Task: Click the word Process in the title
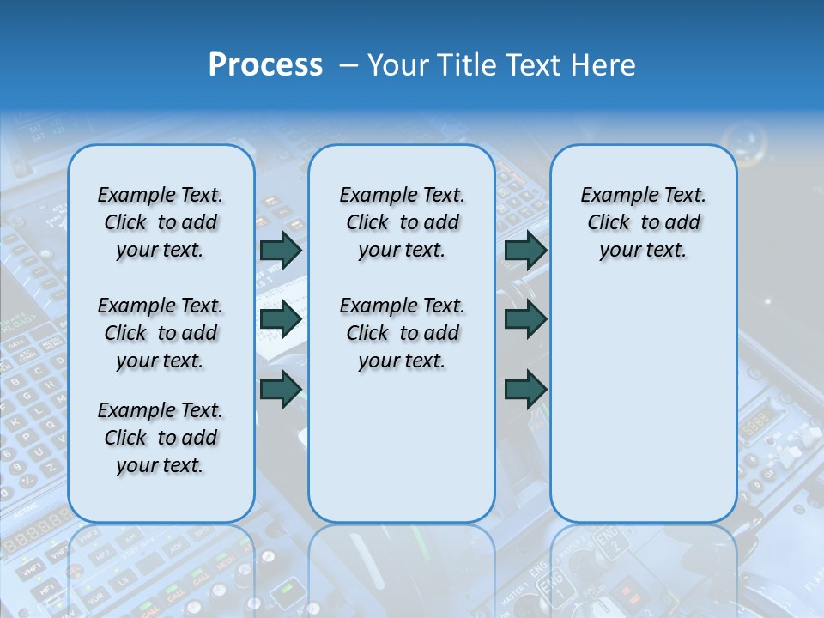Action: click(265, 65)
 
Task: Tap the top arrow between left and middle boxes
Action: click(281, 250)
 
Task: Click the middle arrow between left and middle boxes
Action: click(281, 319)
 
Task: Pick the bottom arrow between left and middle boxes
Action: click(281, 390)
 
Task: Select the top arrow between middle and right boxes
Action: click(525, 250)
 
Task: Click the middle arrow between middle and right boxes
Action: click(525, 319)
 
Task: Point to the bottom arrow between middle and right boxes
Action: click(525, 390)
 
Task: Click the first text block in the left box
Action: click(161, 222)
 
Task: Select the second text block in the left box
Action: click(161, 333)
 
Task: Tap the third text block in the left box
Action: click(161, 438)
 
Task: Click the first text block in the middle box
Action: click(402, 222)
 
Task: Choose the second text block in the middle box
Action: click(402, 333)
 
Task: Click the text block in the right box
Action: click(643, 222)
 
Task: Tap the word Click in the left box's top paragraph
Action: click(125, 222)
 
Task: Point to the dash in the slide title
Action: click(348, 65)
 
